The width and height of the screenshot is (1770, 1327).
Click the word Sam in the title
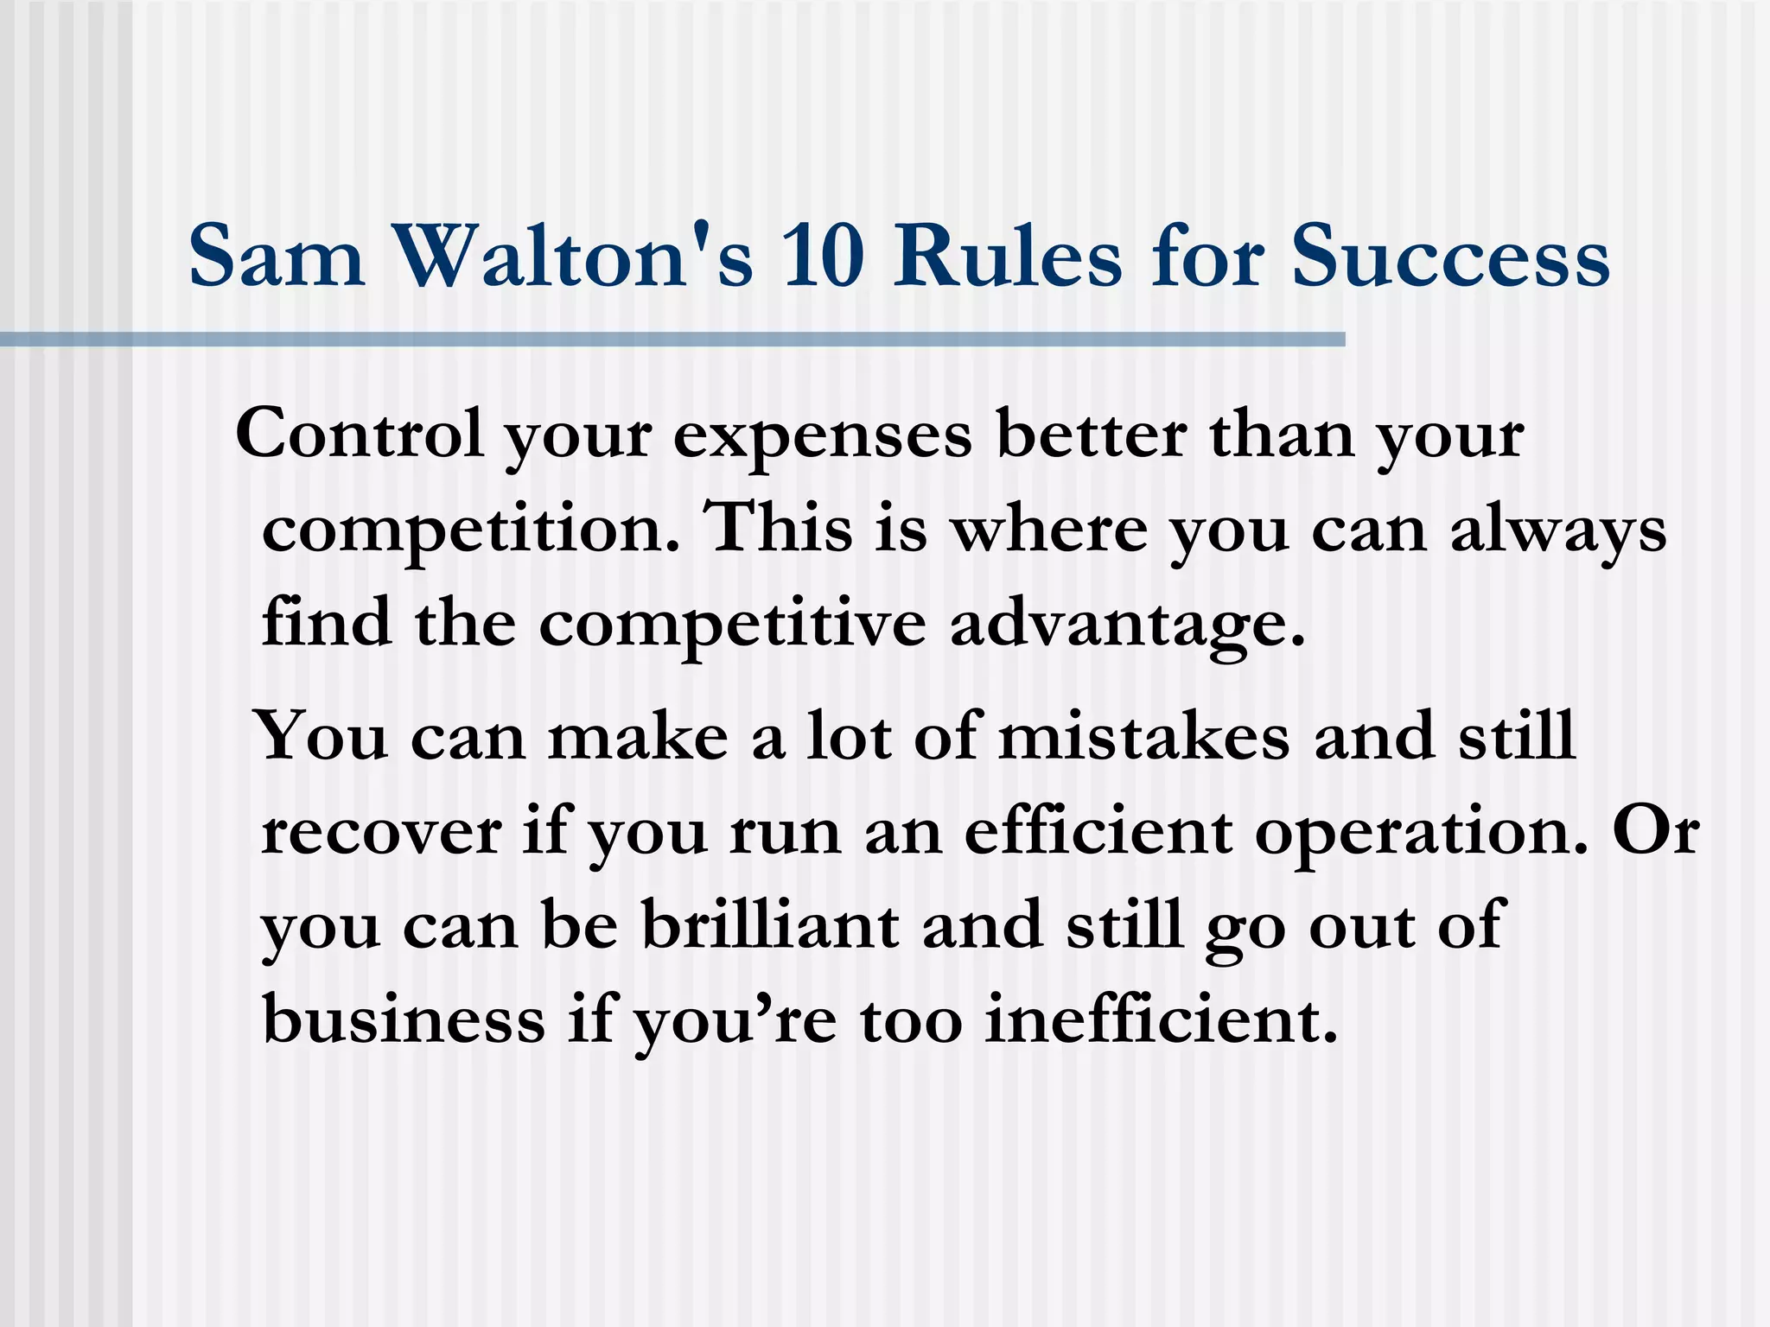pyautogui.click(x=277, y=257)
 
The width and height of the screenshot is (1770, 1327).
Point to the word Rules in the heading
pyautogui.click(x=1008, y=257)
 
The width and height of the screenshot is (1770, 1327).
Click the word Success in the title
pyautogui.click(x=1450, y=257)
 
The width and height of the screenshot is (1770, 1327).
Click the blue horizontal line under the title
pyautogui.click(x=672, y=340)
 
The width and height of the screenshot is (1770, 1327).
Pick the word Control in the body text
pyautogui.click(x=359, y=435)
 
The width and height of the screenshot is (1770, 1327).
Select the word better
pyautogui.click(x=1091, y=435)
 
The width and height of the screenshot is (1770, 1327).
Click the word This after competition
pyautogui.click(x=779, y=528)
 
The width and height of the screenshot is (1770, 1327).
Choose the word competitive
pyautogui.click(x=732, y=624)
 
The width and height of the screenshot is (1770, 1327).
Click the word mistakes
pyautogui.click(x=1143, y=737)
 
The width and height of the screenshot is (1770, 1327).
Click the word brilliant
pyautogui.click(x=770, y=924)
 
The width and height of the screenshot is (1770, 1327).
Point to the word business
pyautogui.click(x=404, y=1019)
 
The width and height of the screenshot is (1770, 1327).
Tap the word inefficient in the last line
pyautogui.click(x=1160, y=1019)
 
